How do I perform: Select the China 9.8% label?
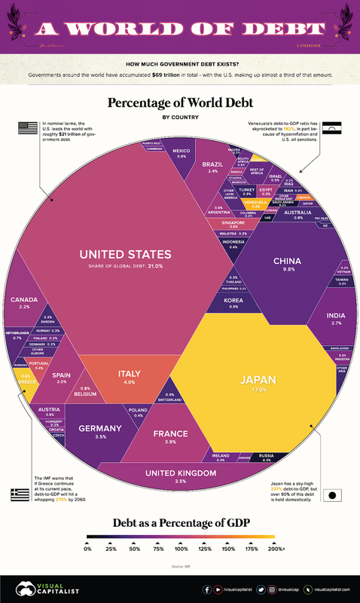coord(287,262)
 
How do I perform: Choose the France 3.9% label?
coord(175,436)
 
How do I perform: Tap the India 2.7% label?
coord(336,317)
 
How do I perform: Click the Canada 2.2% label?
coord(20,303)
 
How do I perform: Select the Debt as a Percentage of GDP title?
coord(179,522)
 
